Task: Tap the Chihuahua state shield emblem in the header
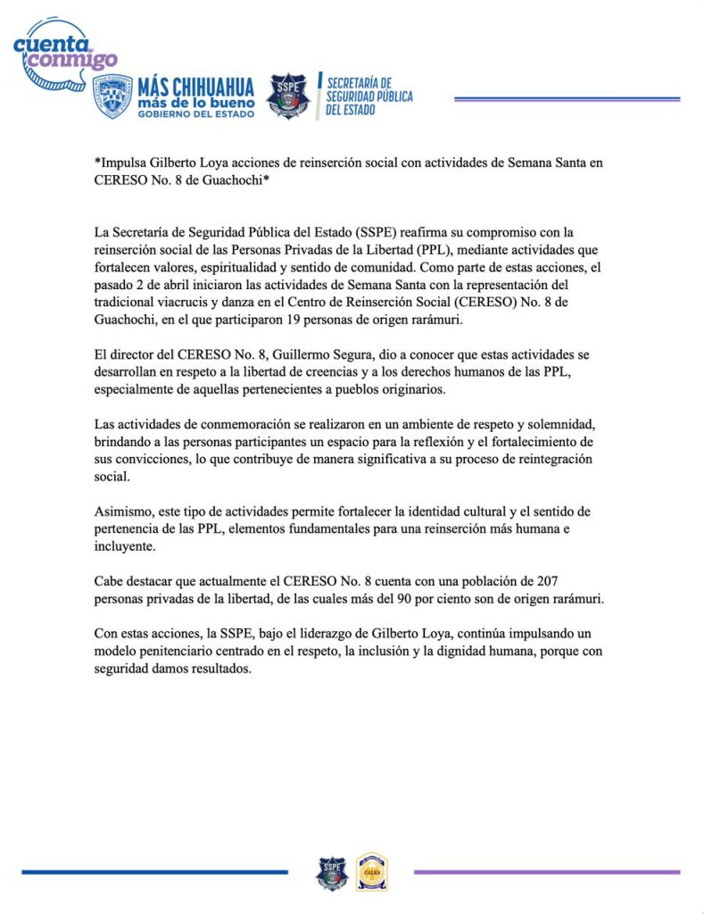click(x=112, y=96)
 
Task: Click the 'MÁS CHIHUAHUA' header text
click(x=195, y=87)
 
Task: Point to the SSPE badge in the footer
click(x=331, y=872)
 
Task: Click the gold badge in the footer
click(x=371, y=872)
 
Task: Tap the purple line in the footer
click(x=546, y=871)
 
